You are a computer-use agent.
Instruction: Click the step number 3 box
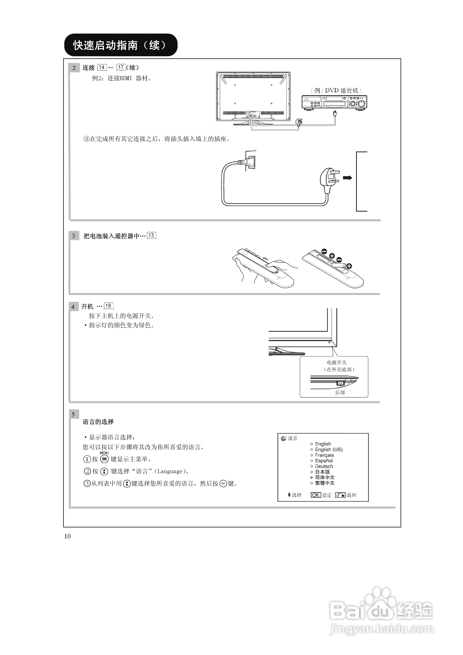74,236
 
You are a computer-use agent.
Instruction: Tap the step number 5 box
73,414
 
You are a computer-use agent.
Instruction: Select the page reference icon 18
108,306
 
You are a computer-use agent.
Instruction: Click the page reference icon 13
151,235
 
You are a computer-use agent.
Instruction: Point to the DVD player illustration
334,102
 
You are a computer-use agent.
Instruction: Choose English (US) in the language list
328,449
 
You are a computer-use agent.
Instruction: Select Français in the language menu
324,455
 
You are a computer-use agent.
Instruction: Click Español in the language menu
324,461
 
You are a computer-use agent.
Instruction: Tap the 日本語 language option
322,472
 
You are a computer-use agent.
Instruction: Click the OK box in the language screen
316,495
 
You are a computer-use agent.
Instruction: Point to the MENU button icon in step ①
104,459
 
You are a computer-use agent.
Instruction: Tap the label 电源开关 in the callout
337,362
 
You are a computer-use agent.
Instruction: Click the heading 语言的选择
98,422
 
